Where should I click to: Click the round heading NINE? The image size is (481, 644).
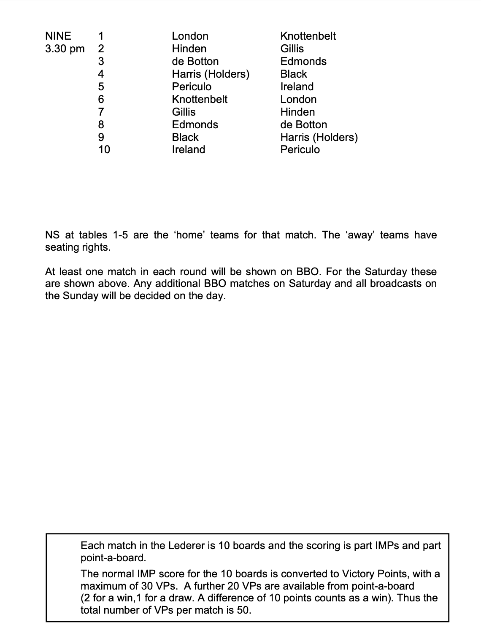pos(58,36)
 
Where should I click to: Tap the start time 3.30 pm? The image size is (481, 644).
pos(65,49)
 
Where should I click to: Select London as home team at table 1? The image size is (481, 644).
pos(190,36)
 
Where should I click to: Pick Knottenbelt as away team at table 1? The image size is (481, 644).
pos(308,36)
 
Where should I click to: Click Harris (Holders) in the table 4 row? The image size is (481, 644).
pos(211,74)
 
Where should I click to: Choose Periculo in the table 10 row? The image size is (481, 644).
pos(300,149)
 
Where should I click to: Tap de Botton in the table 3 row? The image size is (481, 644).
pos(195,61)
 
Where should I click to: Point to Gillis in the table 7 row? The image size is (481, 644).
pos(184,112)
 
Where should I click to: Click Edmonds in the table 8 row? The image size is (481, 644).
pos(195,124)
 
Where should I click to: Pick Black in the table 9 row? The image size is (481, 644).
pos(185,137)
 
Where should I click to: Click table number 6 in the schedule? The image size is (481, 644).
pos(101,99)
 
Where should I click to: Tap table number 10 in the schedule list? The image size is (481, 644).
pos(104,149)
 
